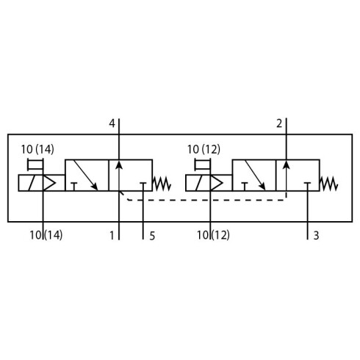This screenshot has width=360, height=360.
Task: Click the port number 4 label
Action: pos(112,123)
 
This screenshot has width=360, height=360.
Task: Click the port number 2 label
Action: pos(279,124)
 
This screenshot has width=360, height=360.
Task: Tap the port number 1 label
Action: pos(112,236)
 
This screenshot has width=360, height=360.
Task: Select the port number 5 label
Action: pos(152,236)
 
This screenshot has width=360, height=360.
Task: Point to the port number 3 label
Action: pos(316,236)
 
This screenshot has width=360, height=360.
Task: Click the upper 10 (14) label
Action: pos(37,149)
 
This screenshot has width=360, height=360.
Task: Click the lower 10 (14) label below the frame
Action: pos(46,235)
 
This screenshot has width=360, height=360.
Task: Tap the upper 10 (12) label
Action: pos(204,149)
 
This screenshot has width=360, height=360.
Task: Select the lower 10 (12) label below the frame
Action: pos(213,235)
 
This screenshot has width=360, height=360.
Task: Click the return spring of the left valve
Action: pos(162,184)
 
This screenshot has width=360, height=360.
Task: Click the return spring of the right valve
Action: pos(329,184)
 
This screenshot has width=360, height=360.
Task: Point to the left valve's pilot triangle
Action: pos(49,183)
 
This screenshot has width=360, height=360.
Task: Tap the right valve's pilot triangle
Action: pos(217,183)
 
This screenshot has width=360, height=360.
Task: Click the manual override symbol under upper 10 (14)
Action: pos(35,165)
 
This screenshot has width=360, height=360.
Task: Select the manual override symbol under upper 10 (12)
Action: pos(203,165)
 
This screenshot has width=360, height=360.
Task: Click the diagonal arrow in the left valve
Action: pos(85,175)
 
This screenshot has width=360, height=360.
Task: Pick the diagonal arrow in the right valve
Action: pos(255,175)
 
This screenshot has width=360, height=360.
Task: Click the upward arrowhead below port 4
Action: pos(119,165)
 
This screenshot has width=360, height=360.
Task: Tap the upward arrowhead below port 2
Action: pos(287,165)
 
